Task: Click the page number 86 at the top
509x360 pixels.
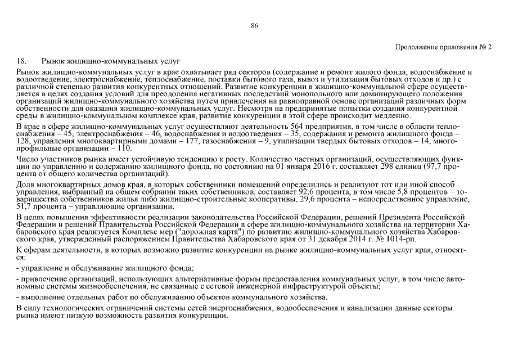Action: tap(254, 26)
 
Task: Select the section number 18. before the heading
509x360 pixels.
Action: tap(23, 60)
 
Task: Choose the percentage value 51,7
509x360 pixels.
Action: tap(25, 208)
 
